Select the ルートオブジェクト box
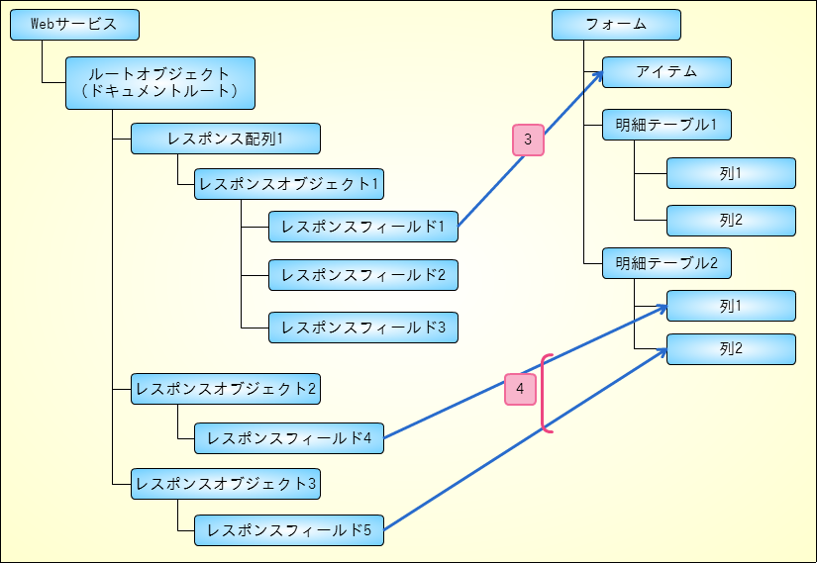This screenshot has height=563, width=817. coord(159,82)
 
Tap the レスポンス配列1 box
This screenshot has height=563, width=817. coord(225,139)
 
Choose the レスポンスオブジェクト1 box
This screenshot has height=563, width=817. coord(288,184)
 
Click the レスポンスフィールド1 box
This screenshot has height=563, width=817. coord(362,227)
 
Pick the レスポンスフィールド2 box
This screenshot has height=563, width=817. coord(362,275)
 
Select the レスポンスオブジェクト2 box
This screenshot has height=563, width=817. coord(225,390)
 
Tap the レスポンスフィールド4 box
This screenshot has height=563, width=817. coord(288,437)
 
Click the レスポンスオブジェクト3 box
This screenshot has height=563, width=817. coord(225,484)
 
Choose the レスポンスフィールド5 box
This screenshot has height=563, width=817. coord(288,530)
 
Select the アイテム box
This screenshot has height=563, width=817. coord(666,72)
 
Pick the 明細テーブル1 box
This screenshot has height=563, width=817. coord(666,126)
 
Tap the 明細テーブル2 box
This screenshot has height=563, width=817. coord(666,264)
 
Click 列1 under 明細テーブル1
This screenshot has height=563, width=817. coord(731,173)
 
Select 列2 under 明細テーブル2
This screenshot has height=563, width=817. coord(731,349)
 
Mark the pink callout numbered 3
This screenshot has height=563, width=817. coord(528,141)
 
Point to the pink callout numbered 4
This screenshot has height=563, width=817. coord(520,390)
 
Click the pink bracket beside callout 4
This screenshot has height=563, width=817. coord(544,393)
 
